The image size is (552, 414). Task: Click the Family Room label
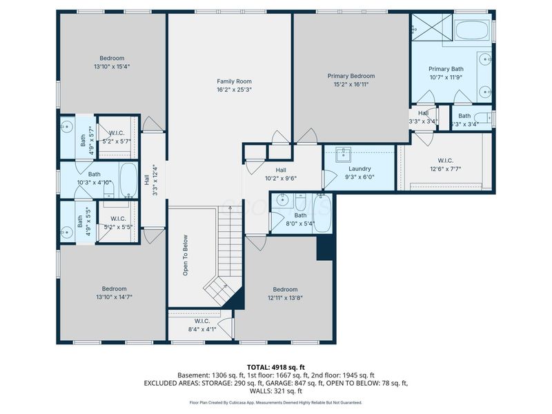click(x=230, y=81)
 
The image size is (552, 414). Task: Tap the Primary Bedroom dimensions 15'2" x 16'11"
click(x=351, y=85)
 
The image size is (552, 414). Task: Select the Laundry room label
click(x=359, y=168)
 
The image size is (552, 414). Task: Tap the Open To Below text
click(x=185, y=256)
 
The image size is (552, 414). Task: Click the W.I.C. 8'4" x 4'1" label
click(x=202, y=321)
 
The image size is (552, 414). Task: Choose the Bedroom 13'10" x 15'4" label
click(x=111, y=58)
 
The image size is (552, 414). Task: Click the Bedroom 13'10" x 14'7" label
click(x=114, y=288)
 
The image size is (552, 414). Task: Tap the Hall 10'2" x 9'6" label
click(x=281, y=170)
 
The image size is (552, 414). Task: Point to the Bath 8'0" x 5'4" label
click(x=301, y=215)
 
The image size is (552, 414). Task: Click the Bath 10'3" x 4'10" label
click(x=94, y=175)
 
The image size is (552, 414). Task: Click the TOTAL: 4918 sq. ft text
click(x=276, y=366)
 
